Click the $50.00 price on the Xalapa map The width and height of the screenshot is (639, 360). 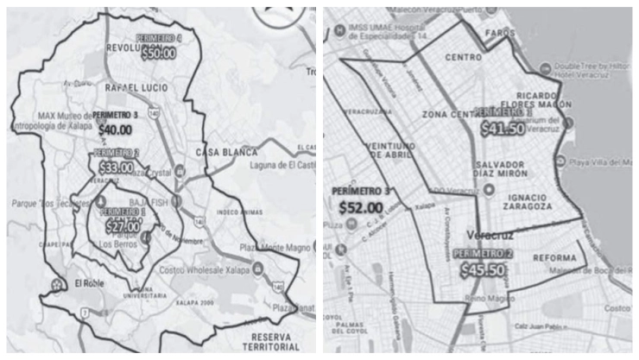[x=158, y=53]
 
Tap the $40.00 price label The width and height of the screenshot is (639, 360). [x=115, y=130]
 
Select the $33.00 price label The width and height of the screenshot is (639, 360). [x=117, y=167]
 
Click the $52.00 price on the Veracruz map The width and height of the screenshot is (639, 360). [x=361, y=207]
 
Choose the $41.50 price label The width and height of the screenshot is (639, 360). [x=503, y=129]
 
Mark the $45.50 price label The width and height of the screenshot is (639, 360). [x=484, y=269]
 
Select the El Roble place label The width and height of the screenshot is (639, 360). [x=91, y=283]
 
